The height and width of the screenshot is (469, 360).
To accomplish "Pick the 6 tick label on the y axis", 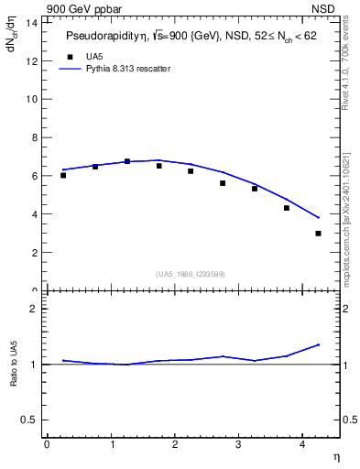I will click(34, 176).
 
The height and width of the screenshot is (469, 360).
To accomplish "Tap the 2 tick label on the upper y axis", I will click(34, 253).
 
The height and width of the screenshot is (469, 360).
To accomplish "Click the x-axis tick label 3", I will click(239, 444).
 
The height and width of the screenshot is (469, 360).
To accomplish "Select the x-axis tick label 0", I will click(47, 444).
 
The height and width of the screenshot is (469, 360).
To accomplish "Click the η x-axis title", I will click(335, 456).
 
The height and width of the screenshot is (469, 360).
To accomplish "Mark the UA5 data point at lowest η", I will click(63, 175).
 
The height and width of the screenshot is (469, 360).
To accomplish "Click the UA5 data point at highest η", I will click(318, 234).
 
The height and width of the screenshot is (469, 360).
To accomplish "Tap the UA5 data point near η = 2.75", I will click(223, 183).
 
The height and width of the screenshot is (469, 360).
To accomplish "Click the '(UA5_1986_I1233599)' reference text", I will click(191, 274).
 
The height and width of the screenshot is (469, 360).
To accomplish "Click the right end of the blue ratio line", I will click(319, 344).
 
